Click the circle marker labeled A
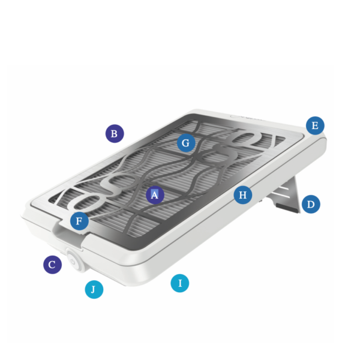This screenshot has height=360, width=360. [155, 194]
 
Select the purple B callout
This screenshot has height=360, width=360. [115, 133]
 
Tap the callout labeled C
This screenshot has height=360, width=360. [53, 265]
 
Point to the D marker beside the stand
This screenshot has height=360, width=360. [311, 204]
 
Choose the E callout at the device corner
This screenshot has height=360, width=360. [315, 125]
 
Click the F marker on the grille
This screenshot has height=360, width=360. [79, 221]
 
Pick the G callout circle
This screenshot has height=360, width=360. [186, 143]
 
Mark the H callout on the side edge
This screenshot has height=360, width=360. [243, 195]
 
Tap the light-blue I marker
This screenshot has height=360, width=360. [180, 283]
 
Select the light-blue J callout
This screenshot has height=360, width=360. [94, 289]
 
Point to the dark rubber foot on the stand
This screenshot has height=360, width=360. [287, 208]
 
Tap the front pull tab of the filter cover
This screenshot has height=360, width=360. [68, 236]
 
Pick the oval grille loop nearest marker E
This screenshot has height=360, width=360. [247, 138]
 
